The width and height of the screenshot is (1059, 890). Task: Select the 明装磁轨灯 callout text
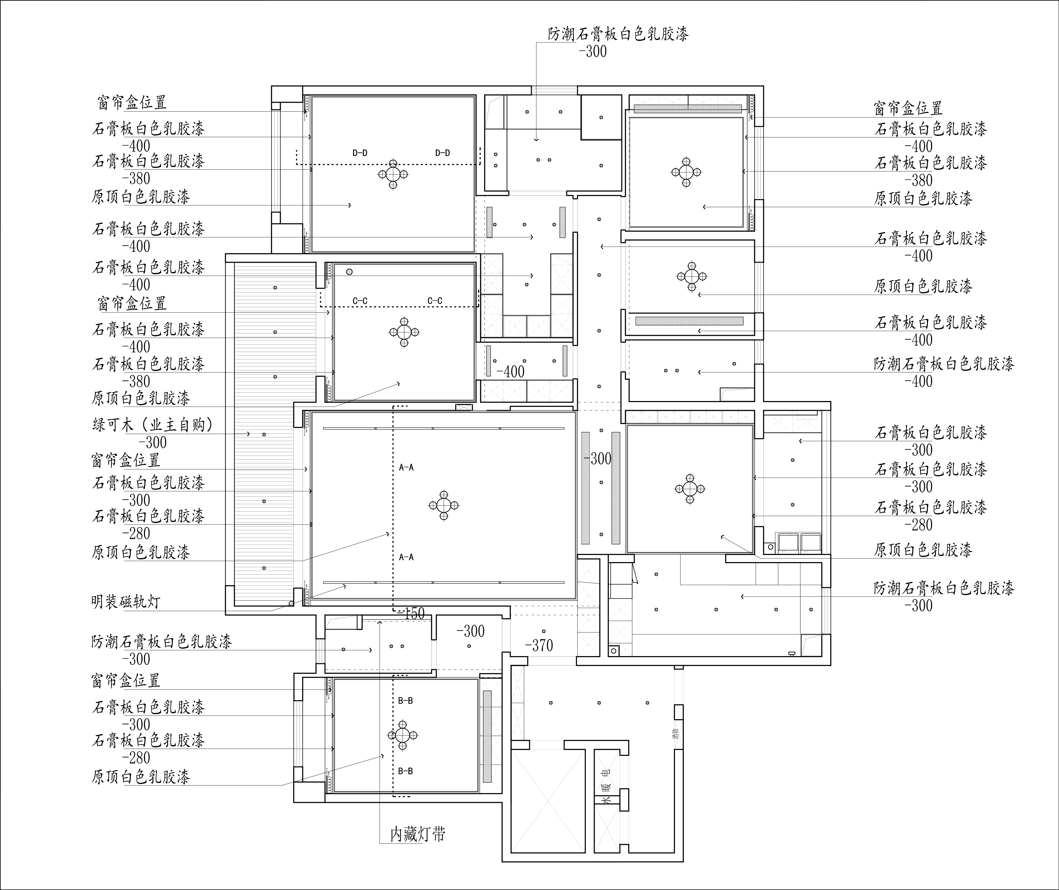(x=126, y=601)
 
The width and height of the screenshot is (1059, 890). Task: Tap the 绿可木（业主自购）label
(x=152, y=425)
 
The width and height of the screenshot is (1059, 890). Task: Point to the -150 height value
(x=411, y=613)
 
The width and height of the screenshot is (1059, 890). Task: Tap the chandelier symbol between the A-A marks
(x=444, y=505)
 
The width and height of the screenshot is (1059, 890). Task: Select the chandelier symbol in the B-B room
(x=402, y=736)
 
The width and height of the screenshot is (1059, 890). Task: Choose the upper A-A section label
(x=406, y=468)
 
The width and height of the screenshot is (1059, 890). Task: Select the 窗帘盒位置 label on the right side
(x=908, y=108)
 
